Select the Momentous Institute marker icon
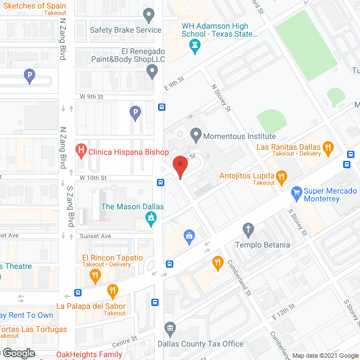(x=196, y=134)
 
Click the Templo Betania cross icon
(x=247, y=229)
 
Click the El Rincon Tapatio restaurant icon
(x=95, y=276)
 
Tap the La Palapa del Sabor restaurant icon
(x=112, y=291)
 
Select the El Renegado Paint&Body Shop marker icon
(x=152, y=71)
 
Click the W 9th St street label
(x=91, y=96)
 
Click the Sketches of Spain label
(x=33, y=6)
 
